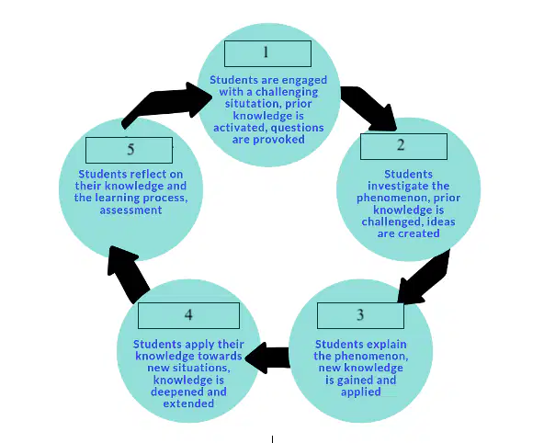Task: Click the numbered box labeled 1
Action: tap(267, 54)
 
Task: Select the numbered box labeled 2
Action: tap(403, 146)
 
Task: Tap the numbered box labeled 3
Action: tap(360, 315)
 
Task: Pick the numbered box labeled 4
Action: tap(188, 315)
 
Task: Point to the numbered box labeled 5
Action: tap(129, 150)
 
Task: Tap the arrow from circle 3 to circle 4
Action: tap(267, 358)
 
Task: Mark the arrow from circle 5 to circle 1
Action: tap(166, 103)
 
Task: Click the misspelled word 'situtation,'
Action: tap(268, 104)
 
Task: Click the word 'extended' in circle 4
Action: tap(188, 403)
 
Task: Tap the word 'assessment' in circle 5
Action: tap(130, 210)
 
